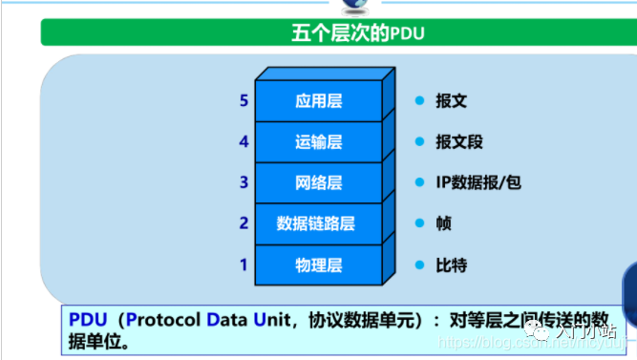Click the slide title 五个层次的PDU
pyautogui.click(x=357, y=34)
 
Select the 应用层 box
pyautogui.click(x=318, y=101)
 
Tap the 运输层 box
pyautogui.click(x=318, y=142)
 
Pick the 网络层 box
pyautogui.click(x=318, y=182)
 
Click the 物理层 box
pyautogui.click(x=318, y=265)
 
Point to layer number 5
pyautogui.click(x=244, y=100)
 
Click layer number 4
pyautogui.click(x=244, y=141)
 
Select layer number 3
pyautogui.click(x=244, y=181)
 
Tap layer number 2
pyautogui.click(x=244, y=222)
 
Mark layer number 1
pyautogui.click(x=244, y=264)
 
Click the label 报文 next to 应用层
pyautogui.click(x=451, y=100)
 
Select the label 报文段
pyautogui.click(x=458, y=141)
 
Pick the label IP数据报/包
pyautogui.click(x=478, y=182)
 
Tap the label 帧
pyautogui.click(x=443, y=222)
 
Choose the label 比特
pyautogui.click(x=451, y=265)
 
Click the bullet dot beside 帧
pyautogui.click(x=418, y=222)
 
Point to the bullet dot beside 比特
pyautogui.click(x=418, y=265)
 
